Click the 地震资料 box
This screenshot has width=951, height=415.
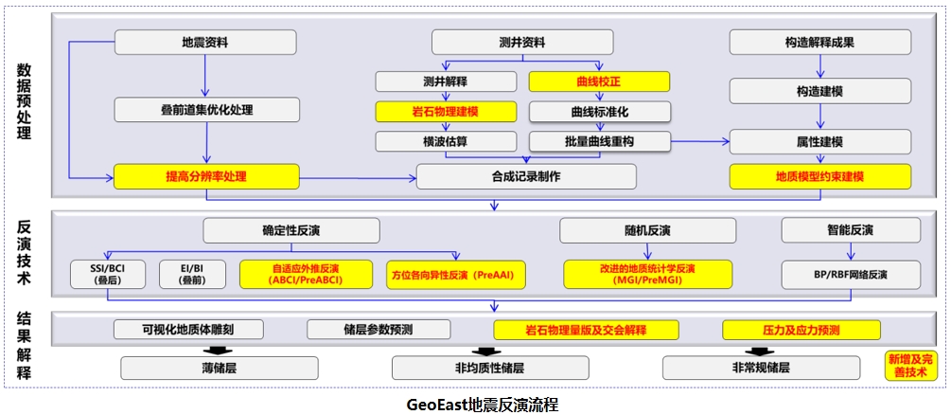tap(205, 42)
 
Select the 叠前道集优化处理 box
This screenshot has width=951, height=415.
tap(205, 110)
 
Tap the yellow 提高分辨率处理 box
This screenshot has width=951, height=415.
tap(205, 176)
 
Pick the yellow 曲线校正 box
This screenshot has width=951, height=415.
tap(598, 81)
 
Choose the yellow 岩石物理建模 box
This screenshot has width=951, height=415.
tap(447, 112)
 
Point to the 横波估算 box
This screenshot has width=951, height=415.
tap(447, 142)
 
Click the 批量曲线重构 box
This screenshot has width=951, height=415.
tap(598, 142)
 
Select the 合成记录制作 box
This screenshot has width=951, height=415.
tap(525, 176)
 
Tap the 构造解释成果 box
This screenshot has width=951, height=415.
tap(819, 42)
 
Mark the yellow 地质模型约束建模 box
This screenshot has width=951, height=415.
tap(819, 176)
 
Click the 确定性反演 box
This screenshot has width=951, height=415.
tap(291, 230)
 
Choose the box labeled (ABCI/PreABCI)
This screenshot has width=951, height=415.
tap(306, 274)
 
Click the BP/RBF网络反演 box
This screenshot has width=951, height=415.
tap(850, 274)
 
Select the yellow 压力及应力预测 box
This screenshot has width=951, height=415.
tap(801, 330)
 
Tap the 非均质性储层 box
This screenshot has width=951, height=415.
tap(489, 368)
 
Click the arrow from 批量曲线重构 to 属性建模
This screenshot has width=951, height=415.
tap(700, 142)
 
